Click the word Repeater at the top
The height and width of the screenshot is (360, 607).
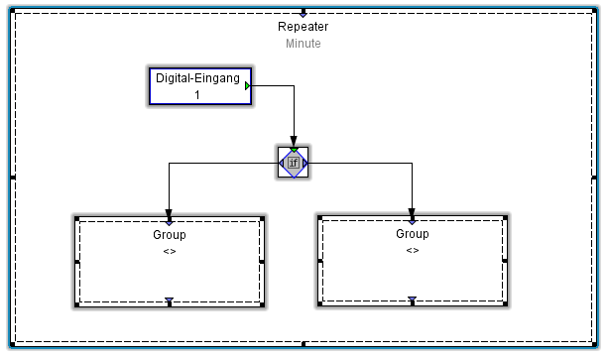tap(303, 27)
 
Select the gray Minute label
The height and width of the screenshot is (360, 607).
tap(303, 44)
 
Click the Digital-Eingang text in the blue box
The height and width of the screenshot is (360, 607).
tap(197, 78)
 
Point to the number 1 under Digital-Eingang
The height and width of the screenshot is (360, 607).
tap(197, 95)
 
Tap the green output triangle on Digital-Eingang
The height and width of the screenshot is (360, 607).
tap(248, 86)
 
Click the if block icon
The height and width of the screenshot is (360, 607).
tap(294, 163)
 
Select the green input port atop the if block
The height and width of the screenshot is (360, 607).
tap(294, 150)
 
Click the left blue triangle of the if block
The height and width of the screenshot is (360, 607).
tap(281, 163)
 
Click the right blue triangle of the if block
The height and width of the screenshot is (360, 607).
tap(306, 163)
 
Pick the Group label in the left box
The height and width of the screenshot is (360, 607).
tap(170, 235)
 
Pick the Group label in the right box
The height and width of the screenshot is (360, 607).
tap(413, 234)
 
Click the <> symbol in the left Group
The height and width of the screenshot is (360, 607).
tap(170, 251)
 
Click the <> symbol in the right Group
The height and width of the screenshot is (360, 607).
tap(413, 250)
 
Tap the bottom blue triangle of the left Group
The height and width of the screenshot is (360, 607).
tap(170, 300)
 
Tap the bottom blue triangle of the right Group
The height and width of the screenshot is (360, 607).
tap(413, 300)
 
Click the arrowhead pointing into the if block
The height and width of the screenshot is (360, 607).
tap(294, 143)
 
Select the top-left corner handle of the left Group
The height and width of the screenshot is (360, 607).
tap(76, 216)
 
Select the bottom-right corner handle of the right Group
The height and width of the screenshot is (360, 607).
tap(508, 304)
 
